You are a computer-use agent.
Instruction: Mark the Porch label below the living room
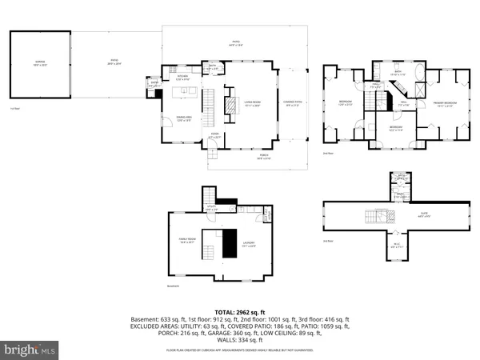(x=264, y=158)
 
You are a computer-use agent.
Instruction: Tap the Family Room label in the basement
(x=186, y=240)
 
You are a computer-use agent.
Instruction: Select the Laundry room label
(x=249, y=245)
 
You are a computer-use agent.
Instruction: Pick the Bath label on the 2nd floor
(x=397, y=73)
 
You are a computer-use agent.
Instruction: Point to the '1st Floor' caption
(x=14, y=109)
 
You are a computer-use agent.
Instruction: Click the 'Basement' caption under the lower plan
(x=173, y=285)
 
